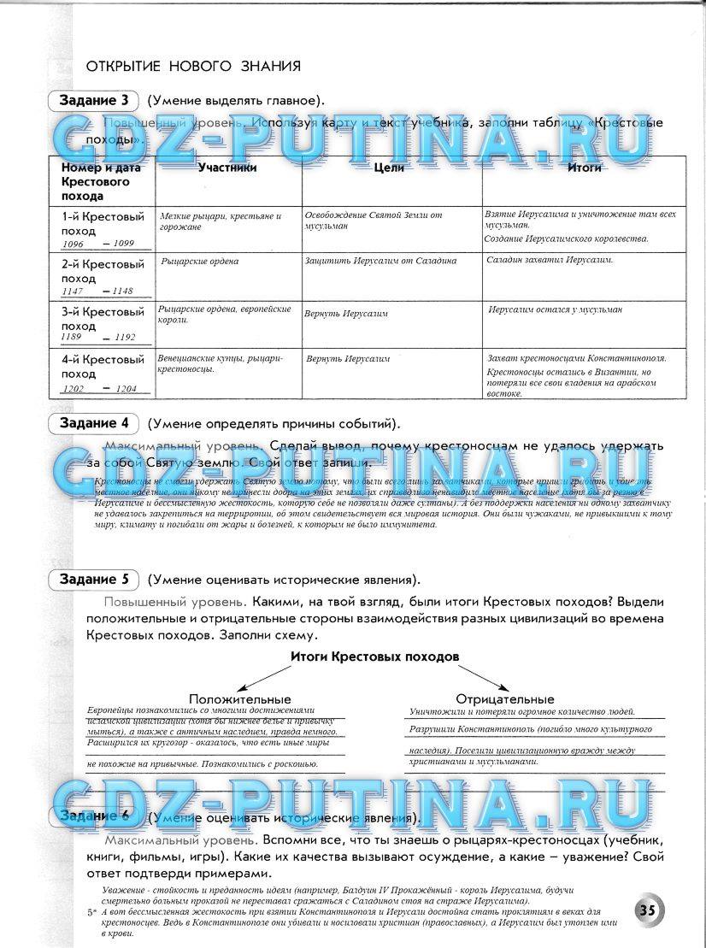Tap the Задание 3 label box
(x=94, y=101)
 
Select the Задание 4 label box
(x=94, y=423)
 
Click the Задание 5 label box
(x=94, y=580)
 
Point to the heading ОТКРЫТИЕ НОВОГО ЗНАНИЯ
(x=193, y=66)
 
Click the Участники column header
(x=227, y=168)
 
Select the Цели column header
(x=390, y=168)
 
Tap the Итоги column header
(x=585, y=168)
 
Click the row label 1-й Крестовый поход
(x=103, y=223)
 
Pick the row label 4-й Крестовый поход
(x=103, y=367)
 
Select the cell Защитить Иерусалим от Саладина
(x=380, y=261)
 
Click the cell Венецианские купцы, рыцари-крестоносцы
(x=220, y=364)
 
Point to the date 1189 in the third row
(x=71, y=337)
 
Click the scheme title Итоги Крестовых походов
(x=375, y=656)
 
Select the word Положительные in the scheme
(x=240, y=699)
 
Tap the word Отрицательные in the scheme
(x=505, y=699)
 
